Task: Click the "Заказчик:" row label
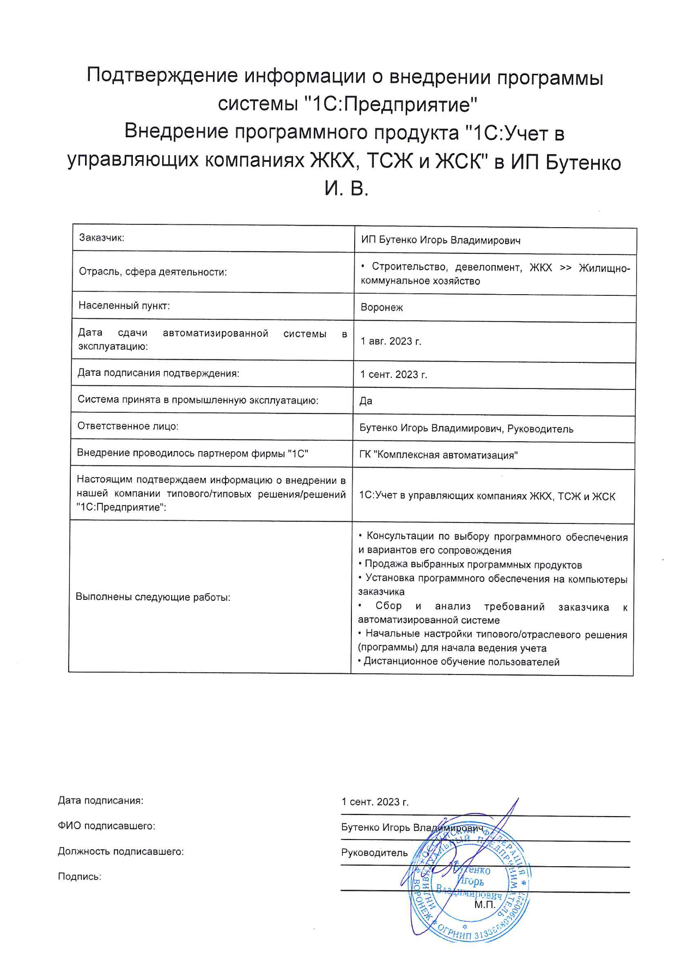click(x=101, y=238)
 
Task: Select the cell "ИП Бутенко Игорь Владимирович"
click(x=440, y=240)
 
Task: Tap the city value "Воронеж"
click(x=381, y=307)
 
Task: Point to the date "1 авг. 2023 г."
click(x=391, y=341)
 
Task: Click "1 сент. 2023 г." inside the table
click(x=393, y=374)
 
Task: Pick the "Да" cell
click(x=366, y=401)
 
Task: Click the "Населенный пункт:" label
click(x=124, y=306)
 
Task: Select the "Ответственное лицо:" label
click(x=128, y=426)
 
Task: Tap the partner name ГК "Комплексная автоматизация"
click(x=438, y=455)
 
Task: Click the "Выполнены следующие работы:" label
click(x=153, y=597)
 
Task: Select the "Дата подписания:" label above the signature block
click(x=101, y=800)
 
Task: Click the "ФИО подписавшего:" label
click(x=107, y=826)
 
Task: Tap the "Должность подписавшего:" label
click(x=121, y=851)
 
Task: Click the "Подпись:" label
click(x=80, y=877)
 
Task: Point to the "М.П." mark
click(x=484, y=905)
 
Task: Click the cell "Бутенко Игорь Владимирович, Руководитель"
click(x=466, y=429)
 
